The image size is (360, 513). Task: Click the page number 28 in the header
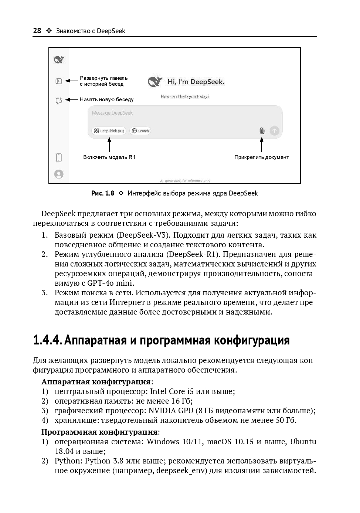[37, 31]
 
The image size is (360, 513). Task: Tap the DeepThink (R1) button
[109, 131]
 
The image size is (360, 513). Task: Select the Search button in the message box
[140, 131]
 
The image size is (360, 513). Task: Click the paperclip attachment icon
[262, 131]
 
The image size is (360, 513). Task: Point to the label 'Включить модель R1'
[109, 157]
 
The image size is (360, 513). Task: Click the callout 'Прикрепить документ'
[262, 157]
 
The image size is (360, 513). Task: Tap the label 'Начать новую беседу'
[106, 99]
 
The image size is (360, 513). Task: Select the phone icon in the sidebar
[59, 157]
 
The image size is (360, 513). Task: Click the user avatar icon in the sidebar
[59, 174]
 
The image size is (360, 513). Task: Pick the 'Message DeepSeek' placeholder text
[112, 113]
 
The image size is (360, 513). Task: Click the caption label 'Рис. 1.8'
[103, 193]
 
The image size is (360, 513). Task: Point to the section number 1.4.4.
[47, 340]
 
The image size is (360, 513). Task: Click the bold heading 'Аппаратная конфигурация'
[96, 382]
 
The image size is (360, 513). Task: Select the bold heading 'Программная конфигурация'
[99, 432]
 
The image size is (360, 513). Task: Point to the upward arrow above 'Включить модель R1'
[109, 145]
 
